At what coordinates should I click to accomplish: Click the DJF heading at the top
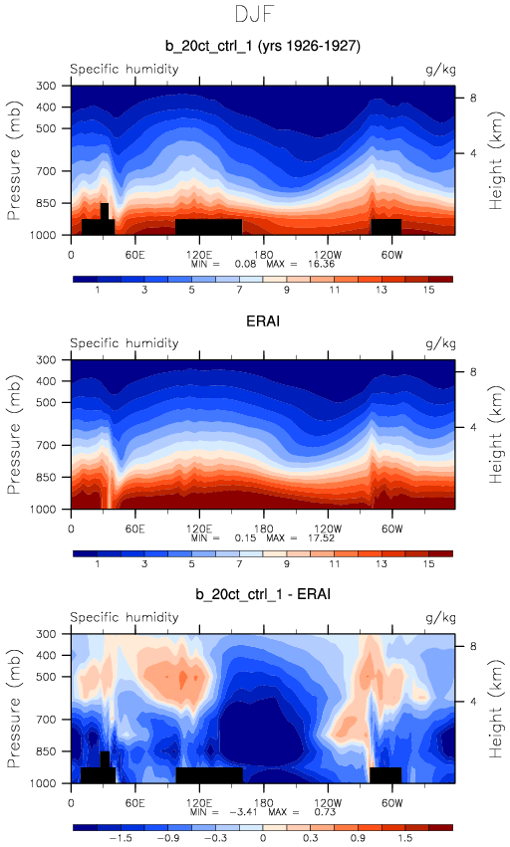pyautogui.click(x=254, y=14)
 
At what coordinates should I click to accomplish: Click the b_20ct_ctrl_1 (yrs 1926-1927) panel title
pyautogui.click(x=263, y=46)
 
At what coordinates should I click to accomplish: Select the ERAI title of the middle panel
pyautogui.click(x=263, y=320)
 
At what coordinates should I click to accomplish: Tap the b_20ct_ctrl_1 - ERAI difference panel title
pyautogui.click(x=263, y=594)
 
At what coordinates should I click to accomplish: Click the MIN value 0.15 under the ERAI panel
pyautogui.click(x=245, y=538)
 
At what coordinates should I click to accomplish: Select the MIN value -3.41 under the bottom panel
pyautogui.click(x=243, y=812)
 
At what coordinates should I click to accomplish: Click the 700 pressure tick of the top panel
pyautogui.click(x=46, y=171)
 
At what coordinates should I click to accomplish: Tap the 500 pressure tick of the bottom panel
pyautogui.click(x=46, y=676)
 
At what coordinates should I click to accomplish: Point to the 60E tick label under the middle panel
pyautogui.click(x=134, y=529)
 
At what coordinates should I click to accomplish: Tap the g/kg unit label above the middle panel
pyautogui.click(x=441, y=343)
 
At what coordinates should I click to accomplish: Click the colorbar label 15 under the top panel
pyautogui.click(x=429, y=290)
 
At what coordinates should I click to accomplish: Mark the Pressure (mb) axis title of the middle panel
pyautogui.click(x=14, y=433)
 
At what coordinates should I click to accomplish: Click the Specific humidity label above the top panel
pyautogui.click(x=124, y=69)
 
